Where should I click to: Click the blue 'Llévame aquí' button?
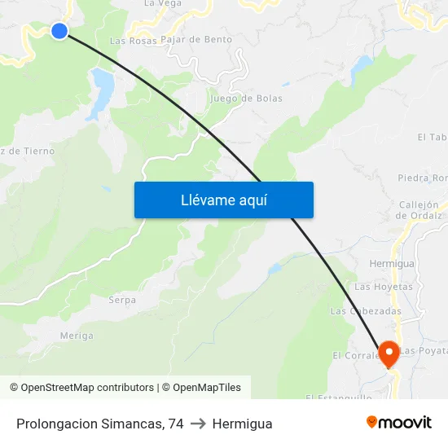[x=223, y=200]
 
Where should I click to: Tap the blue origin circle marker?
[x=59, y=31]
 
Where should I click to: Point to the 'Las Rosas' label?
[x=132, y=40]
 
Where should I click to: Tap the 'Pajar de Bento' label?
[x=196, y=39]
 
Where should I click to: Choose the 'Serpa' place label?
[x=122, y=300]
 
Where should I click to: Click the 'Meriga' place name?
[x=77, y=336]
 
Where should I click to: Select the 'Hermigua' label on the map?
[x=391, y=264]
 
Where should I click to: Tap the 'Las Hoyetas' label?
[x=383, y=287]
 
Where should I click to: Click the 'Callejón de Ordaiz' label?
[x=418, y=210]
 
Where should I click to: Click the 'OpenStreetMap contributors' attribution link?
[x=87, y=388]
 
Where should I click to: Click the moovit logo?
[x=398, y=422]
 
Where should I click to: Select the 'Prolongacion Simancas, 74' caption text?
[x=99, y=424]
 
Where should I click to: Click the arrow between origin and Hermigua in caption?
[x=198, y=424]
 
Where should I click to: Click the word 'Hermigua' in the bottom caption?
[x=242, y=424]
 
